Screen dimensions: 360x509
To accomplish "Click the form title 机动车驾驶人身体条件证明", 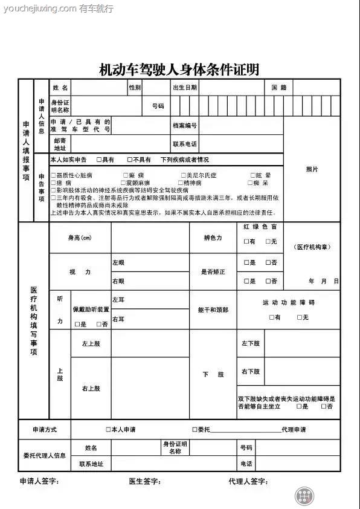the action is pos(179,70).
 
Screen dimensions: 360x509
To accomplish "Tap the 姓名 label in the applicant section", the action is pos(60,88).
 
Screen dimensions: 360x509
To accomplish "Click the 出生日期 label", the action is pos(185,88).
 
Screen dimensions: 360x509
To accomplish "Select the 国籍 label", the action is pos(278,88).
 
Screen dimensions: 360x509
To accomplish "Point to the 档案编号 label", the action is pos(185,126).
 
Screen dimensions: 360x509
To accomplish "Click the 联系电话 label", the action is pos(185,144).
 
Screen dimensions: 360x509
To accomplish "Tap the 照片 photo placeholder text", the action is pos(312,169).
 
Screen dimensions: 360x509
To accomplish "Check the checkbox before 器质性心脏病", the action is pos(53,175).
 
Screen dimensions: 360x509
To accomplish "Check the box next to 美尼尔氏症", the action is pos(183,175).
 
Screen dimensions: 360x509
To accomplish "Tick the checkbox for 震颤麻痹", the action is pos(123,183).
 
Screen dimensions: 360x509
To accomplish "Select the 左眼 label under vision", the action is pos(118,263).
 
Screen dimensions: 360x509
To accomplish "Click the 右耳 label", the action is pos(118,319).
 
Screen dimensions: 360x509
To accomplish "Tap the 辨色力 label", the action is pos(213,238).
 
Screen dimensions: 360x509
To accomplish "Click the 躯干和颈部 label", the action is pos(213,310).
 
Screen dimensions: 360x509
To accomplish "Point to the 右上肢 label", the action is pos(91,388).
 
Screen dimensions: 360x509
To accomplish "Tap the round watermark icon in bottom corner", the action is pos(306,496).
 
